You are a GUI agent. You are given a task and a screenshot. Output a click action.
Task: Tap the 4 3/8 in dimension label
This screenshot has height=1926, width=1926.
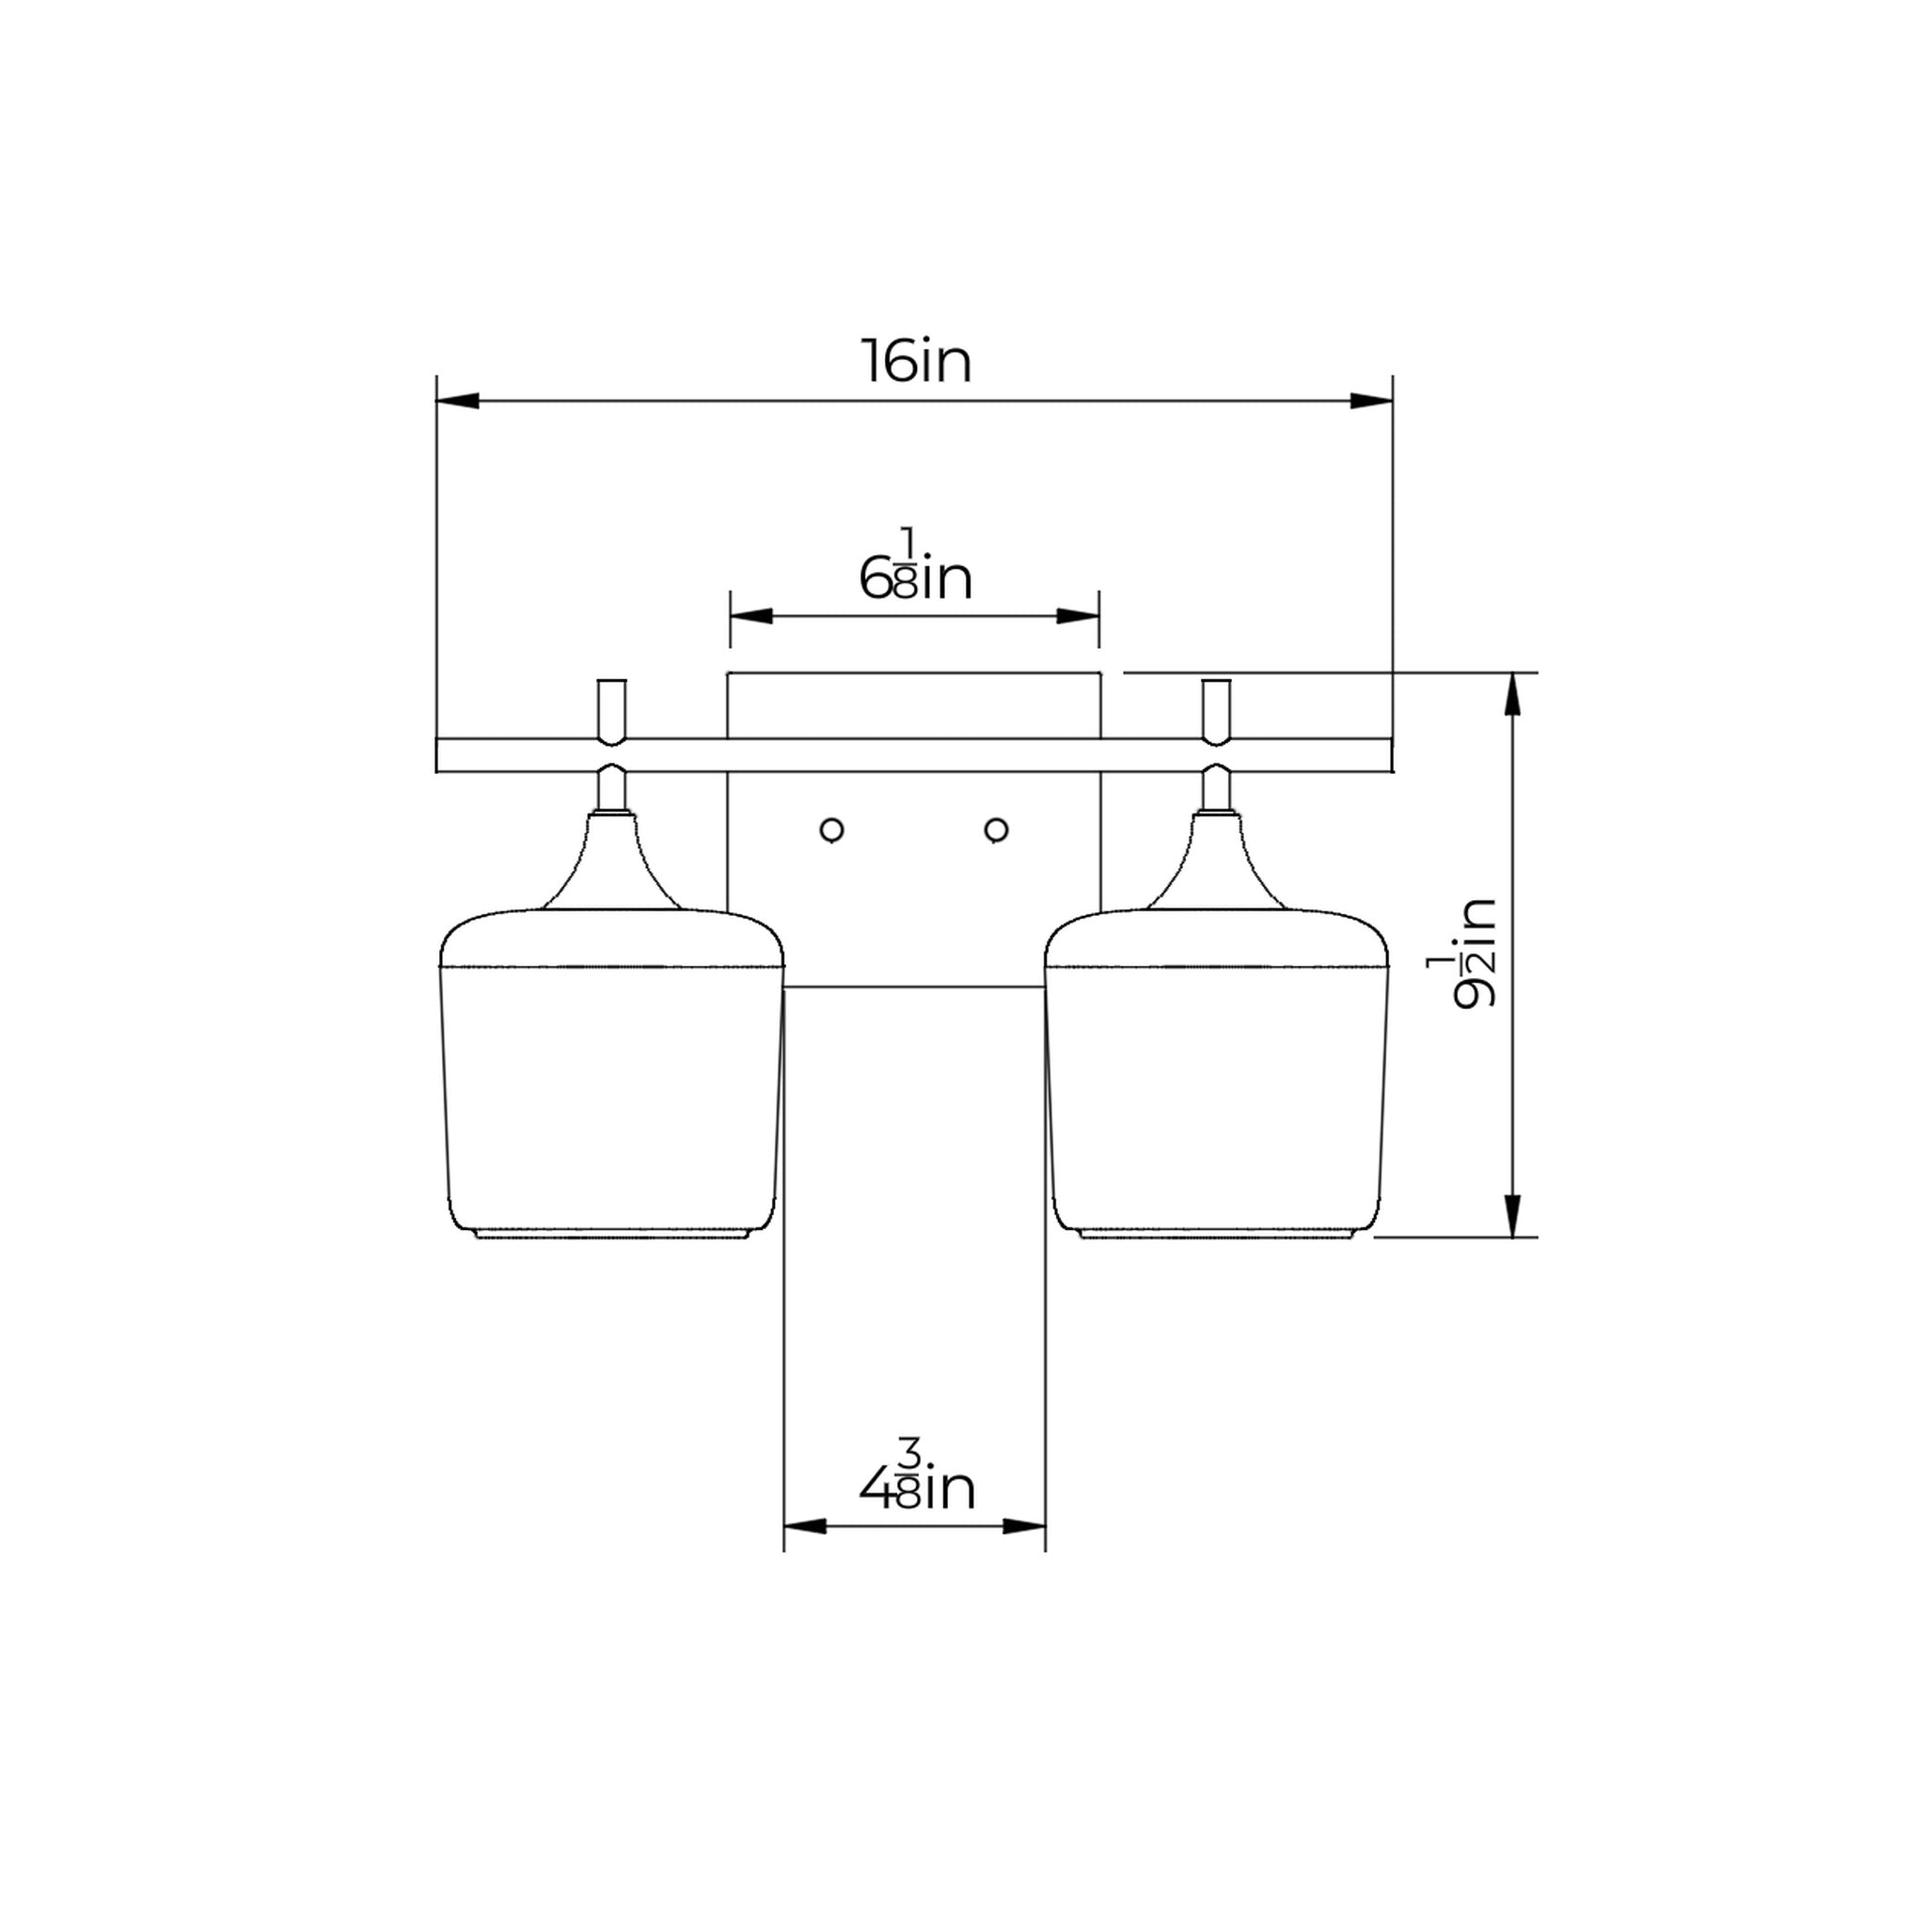(916, 1490)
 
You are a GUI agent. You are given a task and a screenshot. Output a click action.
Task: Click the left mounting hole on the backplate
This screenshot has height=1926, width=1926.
(831, 829)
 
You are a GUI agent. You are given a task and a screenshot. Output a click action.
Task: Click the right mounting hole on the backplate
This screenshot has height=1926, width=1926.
(996, 829)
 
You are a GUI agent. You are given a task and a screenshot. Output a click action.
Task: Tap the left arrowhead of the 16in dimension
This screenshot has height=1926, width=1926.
(458, 401)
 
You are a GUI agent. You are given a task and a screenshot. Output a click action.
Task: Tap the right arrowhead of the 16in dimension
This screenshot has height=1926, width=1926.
(1372, 401)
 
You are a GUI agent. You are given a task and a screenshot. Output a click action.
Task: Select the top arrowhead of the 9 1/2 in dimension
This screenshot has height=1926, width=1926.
(1513, 694)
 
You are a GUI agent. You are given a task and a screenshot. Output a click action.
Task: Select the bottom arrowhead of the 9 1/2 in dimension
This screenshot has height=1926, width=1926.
(1513, 1216)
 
